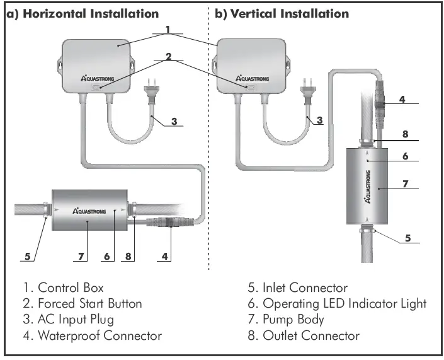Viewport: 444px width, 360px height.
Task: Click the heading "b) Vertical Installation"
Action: click(282, 13)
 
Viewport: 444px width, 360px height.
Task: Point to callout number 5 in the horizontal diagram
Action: click(27, 256)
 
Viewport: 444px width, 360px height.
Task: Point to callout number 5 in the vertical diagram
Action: click(408, 238)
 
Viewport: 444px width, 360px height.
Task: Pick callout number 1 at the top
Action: click(167, 29)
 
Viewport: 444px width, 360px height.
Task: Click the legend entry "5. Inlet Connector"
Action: click(297, 288)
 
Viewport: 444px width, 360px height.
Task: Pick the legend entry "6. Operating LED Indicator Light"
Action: click(337, 304)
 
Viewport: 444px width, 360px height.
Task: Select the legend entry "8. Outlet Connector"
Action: click(304, 335)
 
